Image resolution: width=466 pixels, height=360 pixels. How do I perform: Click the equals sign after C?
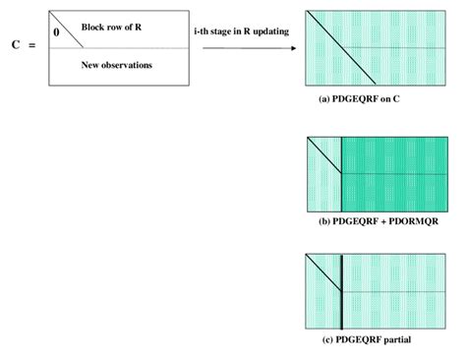[x=32, y=46]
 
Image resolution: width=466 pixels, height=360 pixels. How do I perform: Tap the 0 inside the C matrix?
[x=56, y=31]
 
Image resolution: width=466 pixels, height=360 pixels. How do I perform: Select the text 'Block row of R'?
[x=111, y=28]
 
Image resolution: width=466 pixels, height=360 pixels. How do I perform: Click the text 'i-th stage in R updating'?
[x=240, y=32]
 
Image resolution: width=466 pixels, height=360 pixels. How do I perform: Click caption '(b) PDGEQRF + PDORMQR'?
[x=378, y=221]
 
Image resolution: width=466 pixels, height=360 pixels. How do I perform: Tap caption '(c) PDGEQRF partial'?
[x=366, y=339]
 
